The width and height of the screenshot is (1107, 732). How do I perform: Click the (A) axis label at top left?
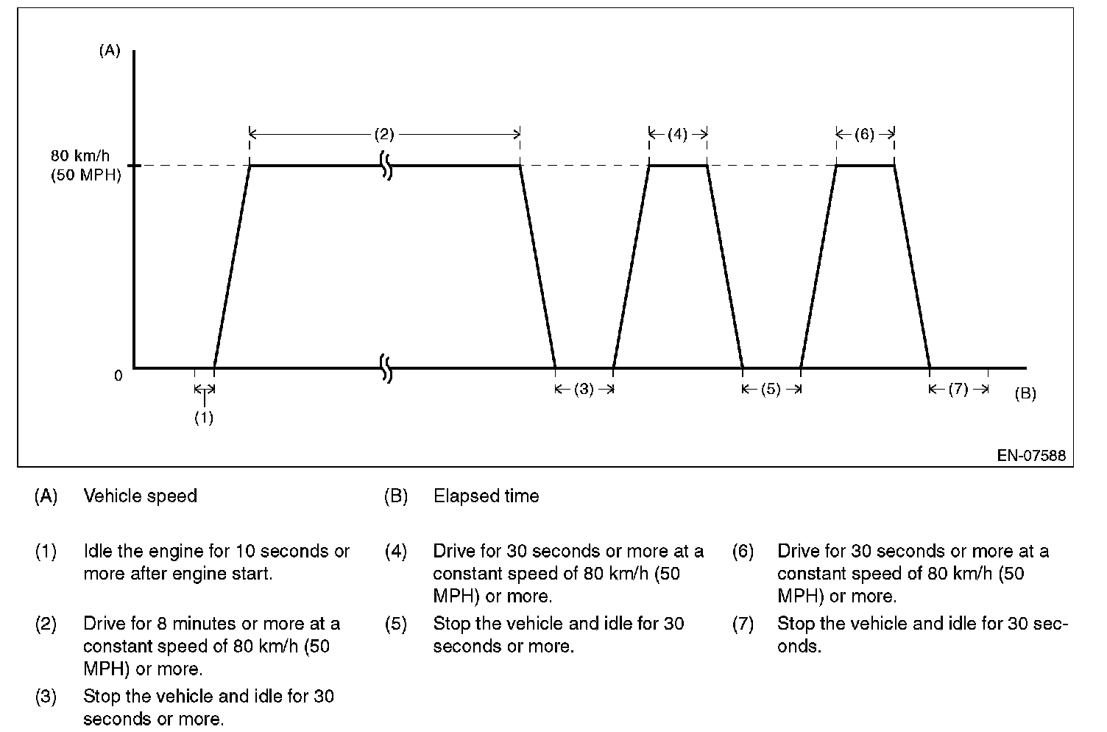click(x=109, y=51)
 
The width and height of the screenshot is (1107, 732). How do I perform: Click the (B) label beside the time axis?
click(x=1025, y=393)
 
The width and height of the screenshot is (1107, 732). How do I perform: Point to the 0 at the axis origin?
click(x=118, y=376)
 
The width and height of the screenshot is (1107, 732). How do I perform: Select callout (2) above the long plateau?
click(x=384, y=134)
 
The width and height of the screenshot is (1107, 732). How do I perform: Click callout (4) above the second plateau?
click(x=677, y=134)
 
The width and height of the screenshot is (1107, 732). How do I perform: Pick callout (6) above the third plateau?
click(x=865, y=134)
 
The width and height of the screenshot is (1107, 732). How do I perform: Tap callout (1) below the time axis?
click(x=204, y=418)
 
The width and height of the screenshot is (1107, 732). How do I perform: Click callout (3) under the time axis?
click(x=584, y=390)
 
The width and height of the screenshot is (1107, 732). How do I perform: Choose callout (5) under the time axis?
click(x=771, y=390)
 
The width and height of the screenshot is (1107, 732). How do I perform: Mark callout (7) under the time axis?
click(x=958, y=390)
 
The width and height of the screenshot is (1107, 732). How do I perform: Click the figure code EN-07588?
click(x=1031, y=455)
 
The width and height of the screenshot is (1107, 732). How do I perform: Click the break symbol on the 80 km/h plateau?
click(x=386, y=166)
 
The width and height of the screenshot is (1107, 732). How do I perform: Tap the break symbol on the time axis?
click(x=386, y=367)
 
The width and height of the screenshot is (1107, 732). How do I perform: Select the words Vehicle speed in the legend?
click(x=141, y=496)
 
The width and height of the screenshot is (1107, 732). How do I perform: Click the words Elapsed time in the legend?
click(x=486, y=496)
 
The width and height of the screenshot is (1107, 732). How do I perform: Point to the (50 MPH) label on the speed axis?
click(x=85, y=176)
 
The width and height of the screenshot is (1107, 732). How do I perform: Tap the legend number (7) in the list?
click(x=743, y=624)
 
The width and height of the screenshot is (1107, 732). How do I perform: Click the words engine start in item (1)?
click(x=228, y=574)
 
